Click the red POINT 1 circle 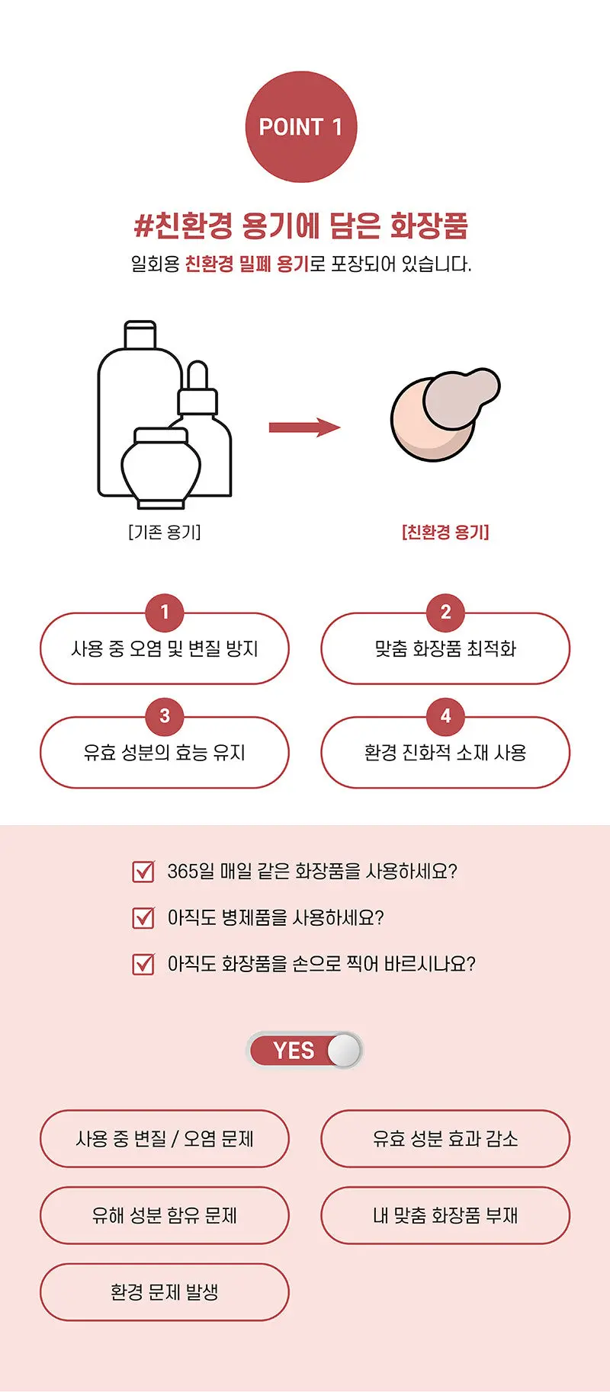tap(301, 126)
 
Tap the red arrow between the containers tap(304, 427)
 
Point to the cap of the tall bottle tap(140, 334)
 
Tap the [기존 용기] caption tap(165, 532)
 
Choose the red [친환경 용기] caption tap(445, 532)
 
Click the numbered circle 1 tap(165, 612)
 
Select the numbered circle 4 tap(446, 716)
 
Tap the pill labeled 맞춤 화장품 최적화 tap(445, 648)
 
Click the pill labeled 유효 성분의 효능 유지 tap(165, 752)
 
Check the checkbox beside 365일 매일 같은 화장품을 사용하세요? tap(143, 871)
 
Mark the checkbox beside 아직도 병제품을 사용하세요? tap(143, 917)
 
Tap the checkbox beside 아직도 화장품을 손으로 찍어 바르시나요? tap(143, 964)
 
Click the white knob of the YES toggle tap(344, 1051)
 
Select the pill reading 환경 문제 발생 tap(165, 1292)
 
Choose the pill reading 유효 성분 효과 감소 tap(445, 1139)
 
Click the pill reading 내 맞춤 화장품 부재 tap(445, 1215)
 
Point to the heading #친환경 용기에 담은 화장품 tap(301, 225)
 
